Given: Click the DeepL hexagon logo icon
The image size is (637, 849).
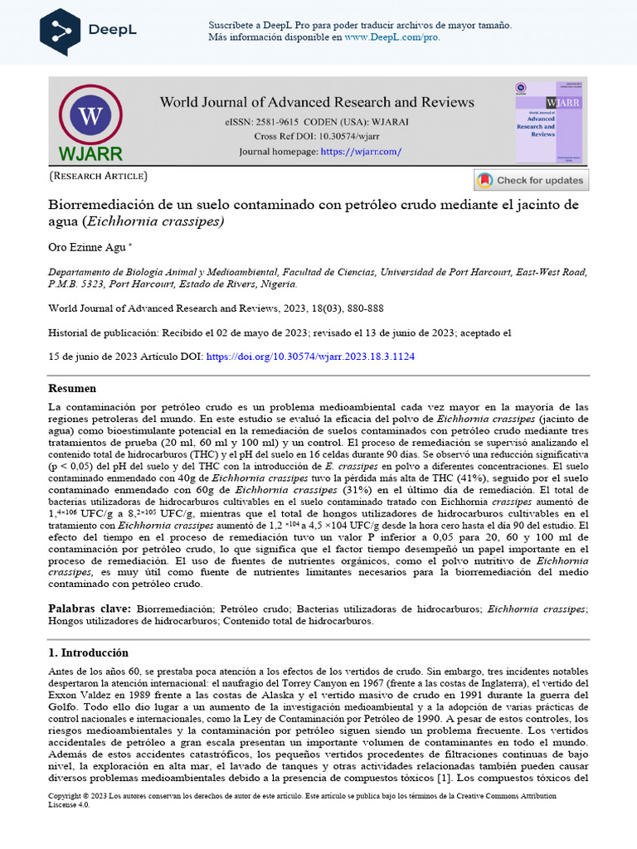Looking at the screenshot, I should tap(61, 31).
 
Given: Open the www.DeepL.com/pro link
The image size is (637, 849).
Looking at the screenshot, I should tap(392, 37).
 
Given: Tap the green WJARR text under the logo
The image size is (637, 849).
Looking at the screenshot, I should tap(90, 153).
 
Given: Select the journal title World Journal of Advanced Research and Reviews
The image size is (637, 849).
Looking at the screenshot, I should tap(317, 102).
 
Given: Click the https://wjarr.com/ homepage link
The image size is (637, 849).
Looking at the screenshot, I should tap(361, 152).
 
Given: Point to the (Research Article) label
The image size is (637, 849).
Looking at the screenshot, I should tap(99, 176).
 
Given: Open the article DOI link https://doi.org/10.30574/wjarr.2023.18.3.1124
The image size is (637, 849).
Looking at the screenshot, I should tap(310, 357).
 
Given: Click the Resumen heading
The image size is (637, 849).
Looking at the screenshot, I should tap(72, 388).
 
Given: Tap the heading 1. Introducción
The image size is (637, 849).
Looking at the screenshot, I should tap(88, 653).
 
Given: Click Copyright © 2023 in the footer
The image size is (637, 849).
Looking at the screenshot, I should tap(80, 796).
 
